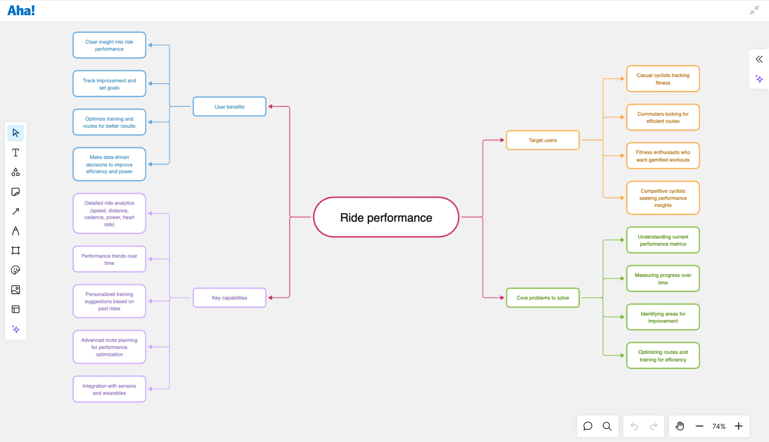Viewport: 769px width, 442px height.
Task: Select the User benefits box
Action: (229, 107)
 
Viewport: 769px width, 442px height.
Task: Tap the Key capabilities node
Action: (229, 298)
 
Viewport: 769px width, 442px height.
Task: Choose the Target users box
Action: (543, 140)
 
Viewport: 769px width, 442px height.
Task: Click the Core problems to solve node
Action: (543, 298)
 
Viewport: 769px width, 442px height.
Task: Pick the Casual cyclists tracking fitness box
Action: (663, 79)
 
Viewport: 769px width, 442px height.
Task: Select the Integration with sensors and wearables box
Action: (109, 389)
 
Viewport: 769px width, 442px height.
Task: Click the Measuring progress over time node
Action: (663, 278)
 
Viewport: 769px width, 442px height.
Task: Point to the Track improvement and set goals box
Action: (109, 84)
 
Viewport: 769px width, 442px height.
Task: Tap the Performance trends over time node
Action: (109, 259)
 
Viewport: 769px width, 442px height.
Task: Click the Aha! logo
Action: (21, 11)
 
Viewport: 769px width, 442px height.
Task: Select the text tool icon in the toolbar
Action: (16, 152)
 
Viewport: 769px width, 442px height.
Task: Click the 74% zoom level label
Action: (719, 426)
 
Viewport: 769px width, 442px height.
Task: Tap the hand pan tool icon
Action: (680, 426)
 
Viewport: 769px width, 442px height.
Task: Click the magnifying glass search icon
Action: (607, 426)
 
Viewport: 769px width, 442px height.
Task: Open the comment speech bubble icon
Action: (587, 426)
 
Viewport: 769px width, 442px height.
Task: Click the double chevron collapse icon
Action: (759, 59)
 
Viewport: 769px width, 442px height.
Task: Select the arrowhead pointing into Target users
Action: (502, 140)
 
